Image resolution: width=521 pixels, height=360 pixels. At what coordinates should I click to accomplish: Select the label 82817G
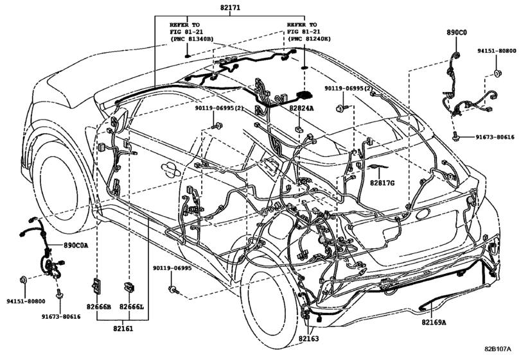382,183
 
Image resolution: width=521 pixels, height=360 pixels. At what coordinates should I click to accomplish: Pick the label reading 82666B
99,308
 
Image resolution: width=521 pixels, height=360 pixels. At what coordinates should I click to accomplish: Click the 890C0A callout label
76,246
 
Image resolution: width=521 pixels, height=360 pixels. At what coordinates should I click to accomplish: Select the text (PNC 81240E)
310,39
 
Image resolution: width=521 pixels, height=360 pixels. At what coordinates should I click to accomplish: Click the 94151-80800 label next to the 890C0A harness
26,301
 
